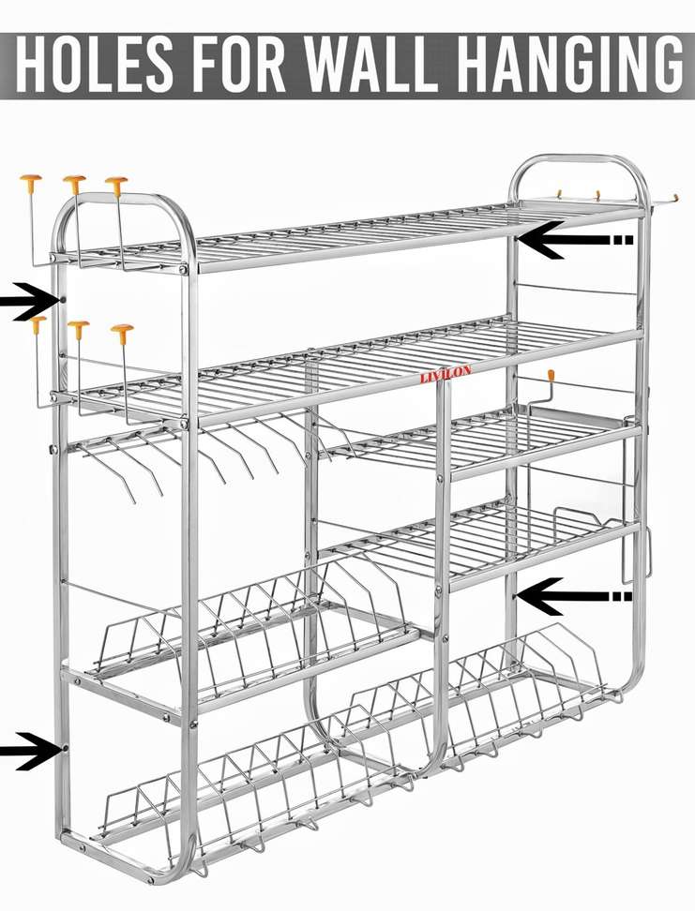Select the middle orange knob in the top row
coord(74,179)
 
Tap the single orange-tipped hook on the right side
coord(551,376)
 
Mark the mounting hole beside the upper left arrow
coord(63,300)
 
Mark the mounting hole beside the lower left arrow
coord(64,748)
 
